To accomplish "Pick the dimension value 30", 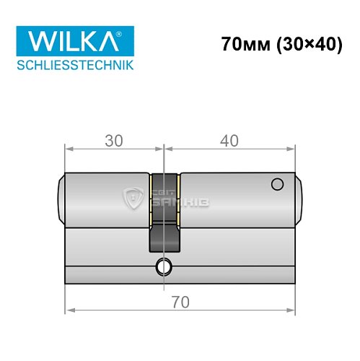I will click(113, 142).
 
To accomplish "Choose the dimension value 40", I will click(229, 142).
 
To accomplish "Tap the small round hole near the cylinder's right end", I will click(276, 186).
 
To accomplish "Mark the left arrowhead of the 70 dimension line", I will click(69, 313).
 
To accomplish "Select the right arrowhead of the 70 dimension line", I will click(291, 313).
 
